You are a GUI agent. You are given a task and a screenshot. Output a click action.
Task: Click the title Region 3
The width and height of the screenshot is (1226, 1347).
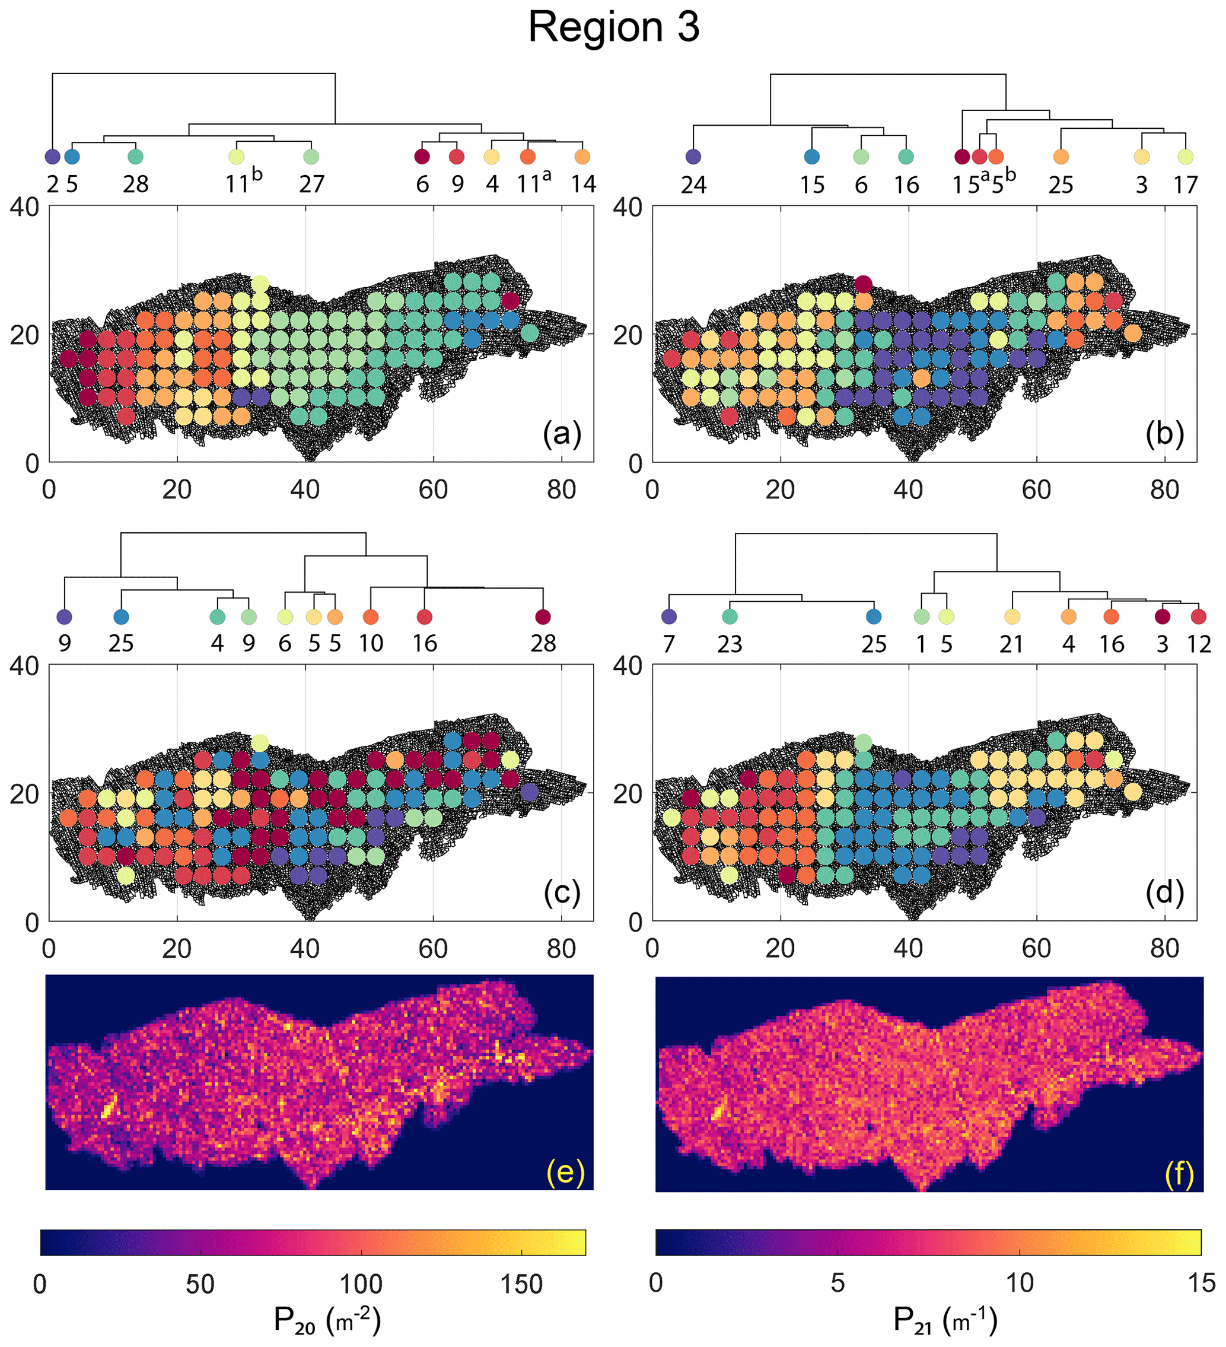[613, 28]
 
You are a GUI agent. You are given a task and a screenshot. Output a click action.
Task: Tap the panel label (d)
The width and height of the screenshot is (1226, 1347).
[1164, 892]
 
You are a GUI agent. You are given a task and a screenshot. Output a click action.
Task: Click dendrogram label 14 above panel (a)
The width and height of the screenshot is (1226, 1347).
[583, 184]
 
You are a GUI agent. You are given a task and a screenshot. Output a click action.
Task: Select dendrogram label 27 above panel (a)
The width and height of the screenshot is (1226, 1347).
[311, 184]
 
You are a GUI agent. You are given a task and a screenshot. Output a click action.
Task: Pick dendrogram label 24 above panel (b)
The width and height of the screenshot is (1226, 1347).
[693, 185]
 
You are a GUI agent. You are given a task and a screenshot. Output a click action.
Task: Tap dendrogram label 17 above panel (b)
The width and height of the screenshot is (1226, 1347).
[1185, 185]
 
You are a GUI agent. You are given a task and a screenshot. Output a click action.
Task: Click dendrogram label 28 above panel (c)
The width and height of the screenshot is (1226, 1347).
[543, 643]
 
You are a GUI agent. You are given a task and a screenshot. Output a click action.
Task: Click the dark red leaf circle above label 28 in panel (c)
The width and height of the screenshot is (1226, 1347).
[543, 617]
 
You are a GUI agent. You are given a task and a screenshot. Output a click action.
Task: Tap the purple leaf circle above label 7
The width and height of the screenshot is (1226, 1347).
[668, 617]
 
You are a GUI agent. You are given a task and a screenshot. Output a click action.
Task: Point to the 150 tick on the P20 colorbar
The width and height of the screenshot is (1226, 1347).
[521, 1284]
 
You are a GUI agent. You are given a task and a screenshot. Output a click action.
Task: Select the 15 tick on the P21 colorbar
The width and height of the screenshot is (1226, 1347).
[1200, 1283]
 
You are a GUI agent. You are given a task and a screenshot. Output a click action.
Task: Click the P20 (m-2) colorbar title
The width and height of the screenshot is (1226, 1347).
[327, 1321]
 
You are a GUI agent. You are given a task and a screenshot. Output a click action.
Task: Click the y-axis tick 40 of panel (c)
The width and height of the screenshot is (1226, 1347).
[25, 666]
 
